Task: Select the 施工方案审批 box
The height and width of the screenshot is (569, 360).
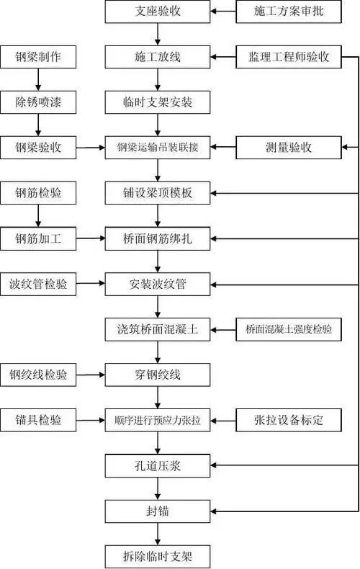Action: [x=288, y=12]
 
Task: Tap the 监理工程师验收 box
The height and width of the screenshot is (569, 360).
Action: [x=288, y=57]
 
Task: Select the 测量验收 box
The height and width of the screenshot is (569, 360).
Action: [x=288, y=148]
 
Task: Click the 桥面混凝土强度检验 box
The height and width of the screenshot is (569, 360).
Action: [x=288, y=329]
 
